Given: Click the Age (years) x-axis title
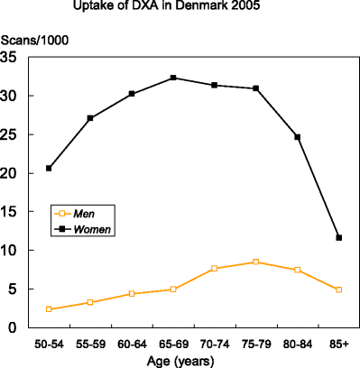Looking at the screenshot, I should (x=193, y=360).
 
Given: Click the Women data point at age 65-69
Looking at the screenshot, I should (x=173, y=78).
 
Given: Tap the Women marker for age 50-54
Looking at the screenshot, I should (x=49, y=168).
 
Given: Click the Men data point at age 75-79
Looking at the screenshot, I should (x=256, y=262).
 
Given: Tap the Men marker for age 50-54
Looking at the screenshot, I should (x=49, y=309).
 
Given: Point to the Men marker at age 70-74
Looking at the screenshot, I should (x=215, y=268).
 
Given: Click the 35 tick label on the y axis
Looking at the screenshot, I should (x=13, y=57).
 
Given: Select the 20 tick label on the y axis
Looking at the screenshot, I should (x=13, y=173).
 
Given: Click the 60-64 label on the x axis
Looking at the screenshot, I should (x=132, y=344).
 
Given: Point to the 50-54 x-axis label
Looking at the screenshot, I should (x=49, y=344).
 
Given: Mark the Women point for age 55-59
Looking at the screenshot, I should (x=90, y=118).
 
